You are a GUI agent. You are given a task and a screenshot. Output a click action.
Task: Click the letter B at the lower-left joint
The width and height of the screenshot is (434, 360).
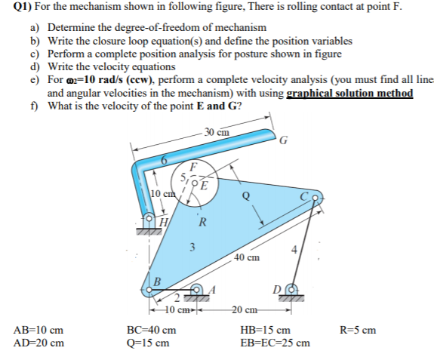158,282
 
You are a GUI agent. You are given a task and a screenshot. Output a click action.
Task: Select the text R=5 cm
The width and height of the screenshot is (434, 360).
358,330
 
